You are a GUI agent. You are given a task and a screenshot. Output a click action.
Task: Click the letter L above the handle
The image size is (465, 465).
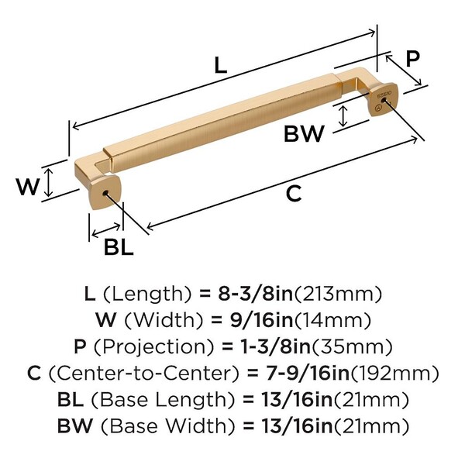click(x=221, y=65)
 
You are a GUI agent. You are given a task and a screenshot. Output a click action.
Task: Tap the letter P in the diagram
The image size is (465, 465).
click(x=413, y=58)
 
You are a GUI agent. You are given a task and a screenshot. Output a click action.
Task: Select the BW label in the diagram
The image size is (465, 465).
click(x=304, y=134)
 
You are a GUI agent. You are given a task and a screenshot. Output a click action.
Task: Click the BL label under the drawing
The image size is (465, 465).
click(x=119, y=246)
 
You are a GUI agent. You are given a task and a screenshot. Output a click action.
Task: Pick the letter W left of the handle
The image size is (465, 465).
click(x=28, y=187)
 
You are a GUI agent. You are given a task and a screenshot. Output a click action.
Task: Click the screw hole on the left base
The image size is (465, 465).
click(x=105, y=193)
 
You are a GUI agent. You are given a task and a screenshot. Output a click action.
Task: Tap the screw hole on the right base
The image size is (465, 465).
click(x=384, y=100)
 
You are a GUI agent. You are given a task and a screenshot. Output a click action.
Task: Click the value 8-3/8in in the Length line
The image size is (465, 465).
click(x=256, y=294)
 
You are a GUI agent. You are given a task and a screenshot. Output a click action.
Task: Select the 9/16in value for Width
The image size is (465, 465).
click(x=262, y=320)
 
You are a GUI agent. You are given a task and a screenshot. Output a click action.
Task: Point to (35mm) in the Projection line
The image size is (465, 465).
click(x=351, y=346)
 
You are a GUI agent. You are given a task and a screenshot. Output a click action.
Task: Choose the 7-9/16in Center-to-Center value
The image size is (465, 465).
click(x=308, y=373)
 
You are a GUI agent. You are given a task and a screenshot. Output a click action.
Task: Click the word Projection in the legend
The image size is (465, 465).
click(x=154, y=346)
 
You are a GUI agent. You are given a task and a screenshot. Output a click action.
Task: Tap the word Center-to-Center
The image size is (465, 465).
click(x=143, y=373)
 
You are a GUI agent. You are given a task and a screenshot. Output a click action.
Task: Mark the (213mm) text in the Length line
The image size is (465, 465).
click(x=337, y=294)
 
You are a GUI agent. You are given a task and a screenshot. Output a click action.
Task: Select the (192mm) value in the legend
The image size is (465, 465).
click(x=394, y=373)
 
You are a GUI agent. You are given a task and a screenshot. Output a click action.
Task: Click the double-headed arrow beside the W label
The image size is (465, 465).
click(x=49, y=182)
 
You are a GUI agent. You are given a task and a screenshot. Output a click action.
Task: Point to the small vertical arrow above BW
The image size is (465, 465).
click(x=343, y=116)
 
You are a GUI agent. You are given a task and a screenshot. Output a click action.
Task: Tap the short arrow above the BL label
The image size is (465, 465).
click(x=106, y=231)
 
